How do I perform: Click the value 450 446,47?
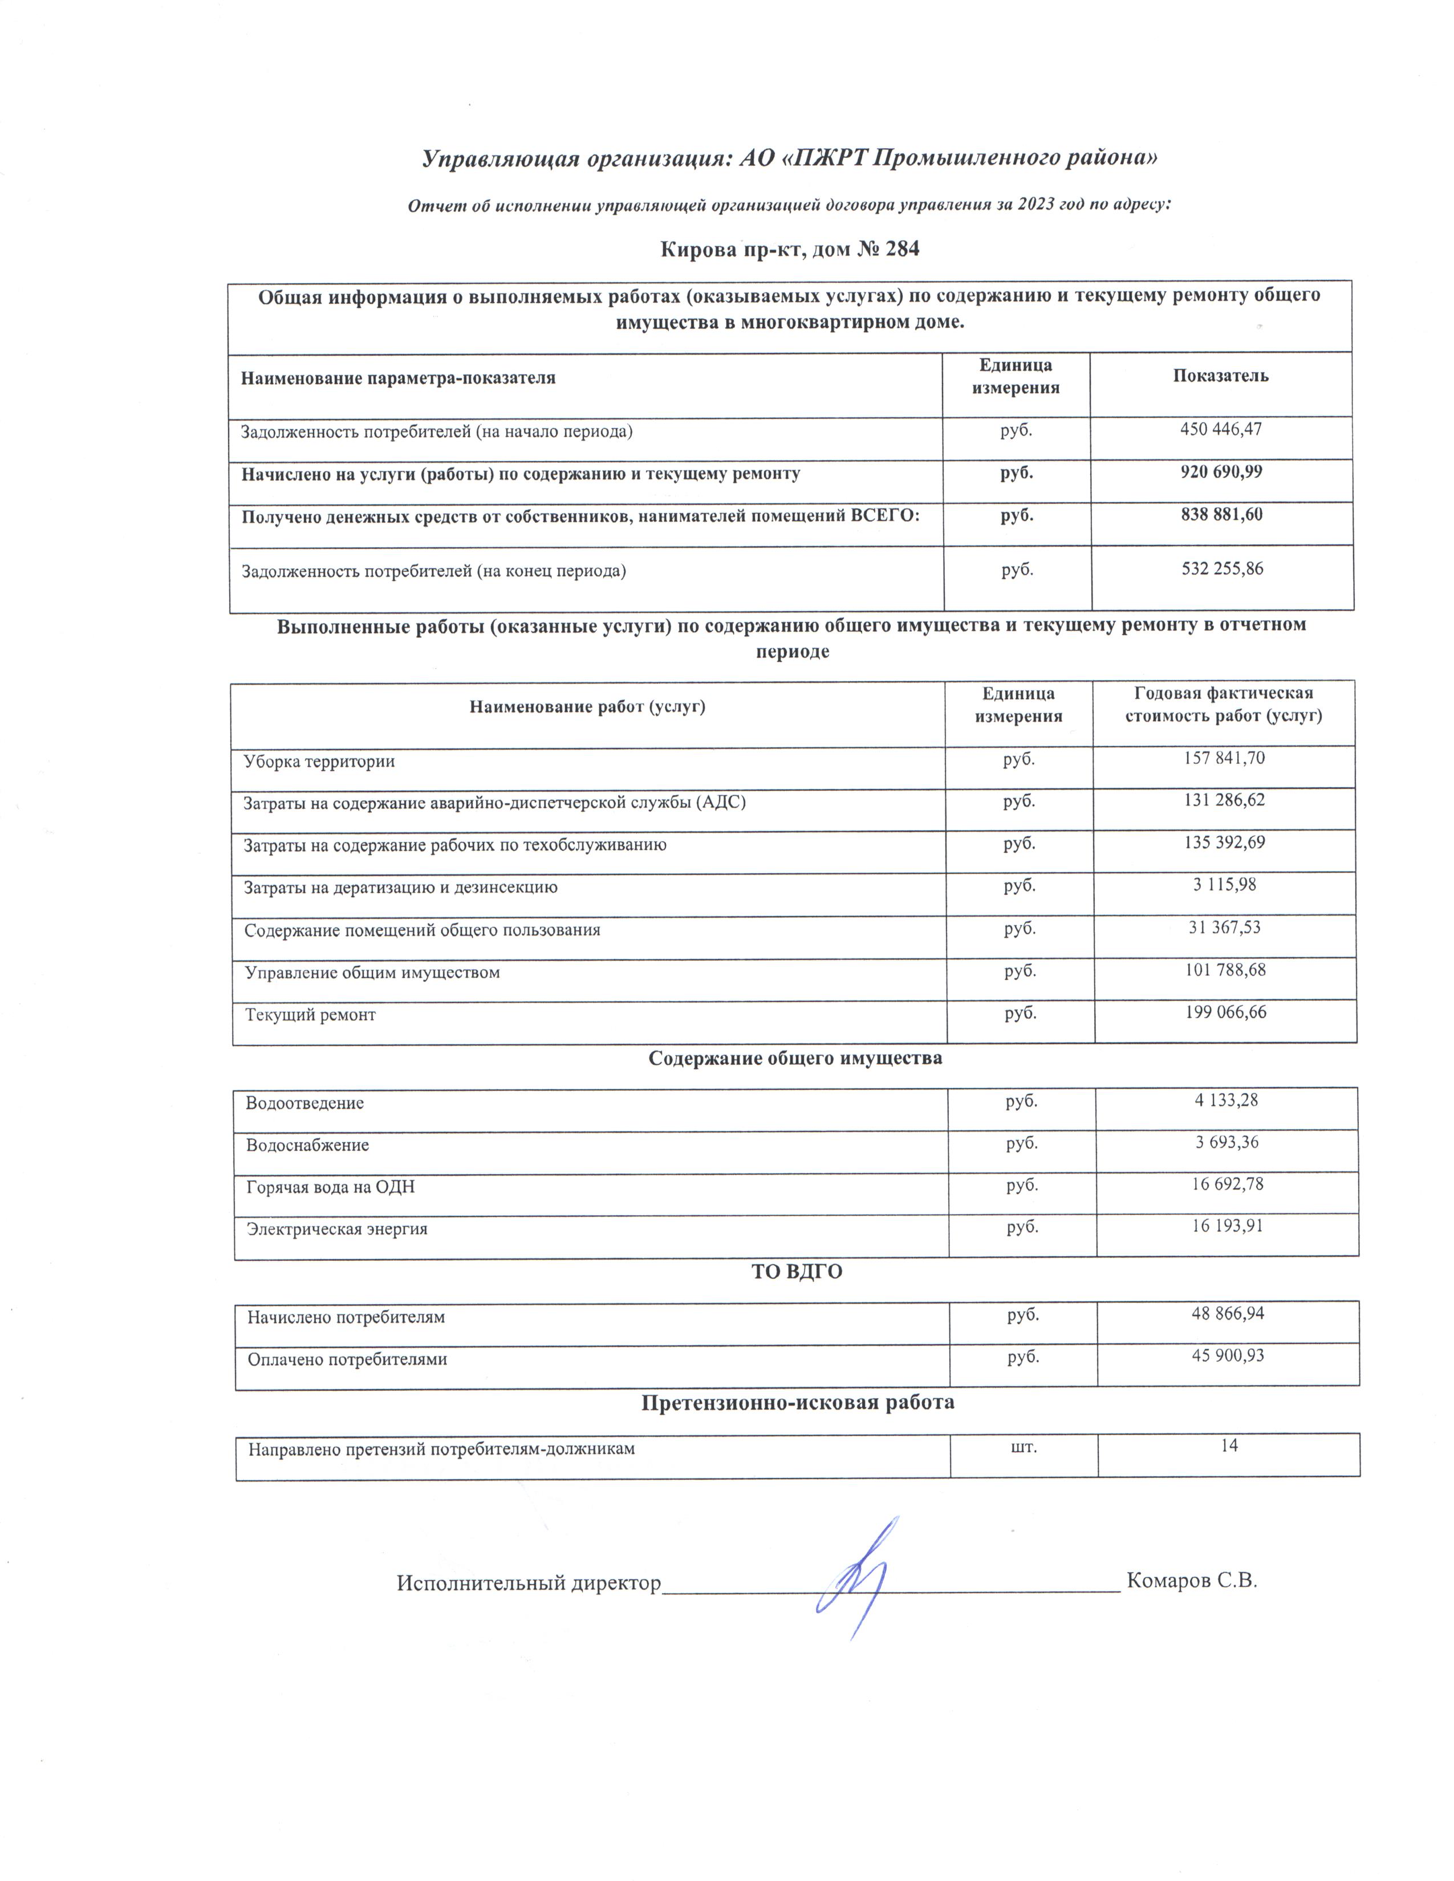pos(1221,429)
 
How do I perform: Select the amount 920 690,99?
pos(1221,472)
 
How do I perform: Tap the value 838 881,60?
pos(1221,515)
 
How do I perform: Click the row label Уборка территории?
pos(319,762)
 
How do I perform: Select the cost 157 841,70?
pos(1223,758)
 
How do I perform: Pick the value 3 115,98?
pos(1224,885)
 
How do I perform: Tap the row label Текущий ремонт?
pos(310,1015)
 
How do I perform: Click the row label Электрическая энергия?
pos(337,1229)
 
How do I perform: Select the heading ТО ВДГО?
pos(797,1271)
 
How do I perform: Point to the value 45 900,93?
pos(1228,1355)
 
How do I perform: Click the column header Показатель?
pos(1221,376)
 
